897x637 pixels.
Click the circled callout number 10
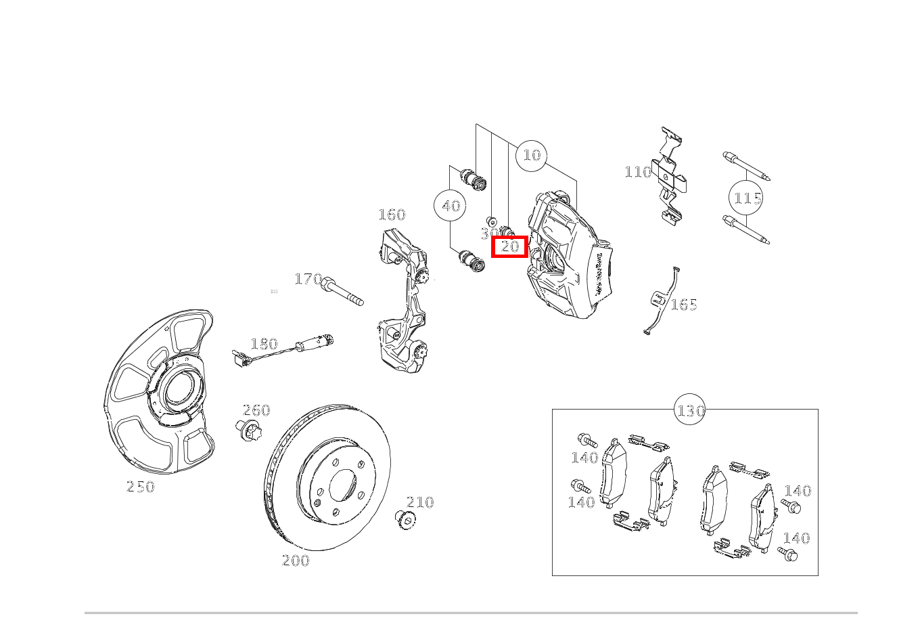[532, 156]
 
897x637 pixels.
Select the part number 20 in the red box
[509, 246]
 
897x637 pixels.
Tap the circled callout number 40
[451, 206]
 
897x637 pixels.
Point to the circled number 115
[747, 199]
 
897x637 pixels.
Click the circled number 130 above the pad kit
[690, 410]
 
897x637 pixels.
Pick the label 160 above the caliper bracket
[392, 215]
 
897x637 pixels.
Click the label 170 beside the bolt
[308, 279]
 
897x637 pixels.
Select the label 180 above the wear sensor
[264, 344]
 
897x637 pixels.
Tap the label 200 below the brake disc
[296, 561]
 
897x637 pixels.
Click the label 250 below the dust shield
[141, 487]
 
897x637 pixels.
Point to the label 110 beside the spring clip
[637, 172]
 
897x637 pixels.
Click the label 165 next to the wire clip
[683, 305]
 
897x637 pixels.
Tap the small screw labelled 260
[248, 430]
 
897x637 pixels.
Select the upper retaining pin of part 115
[746, 167]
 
